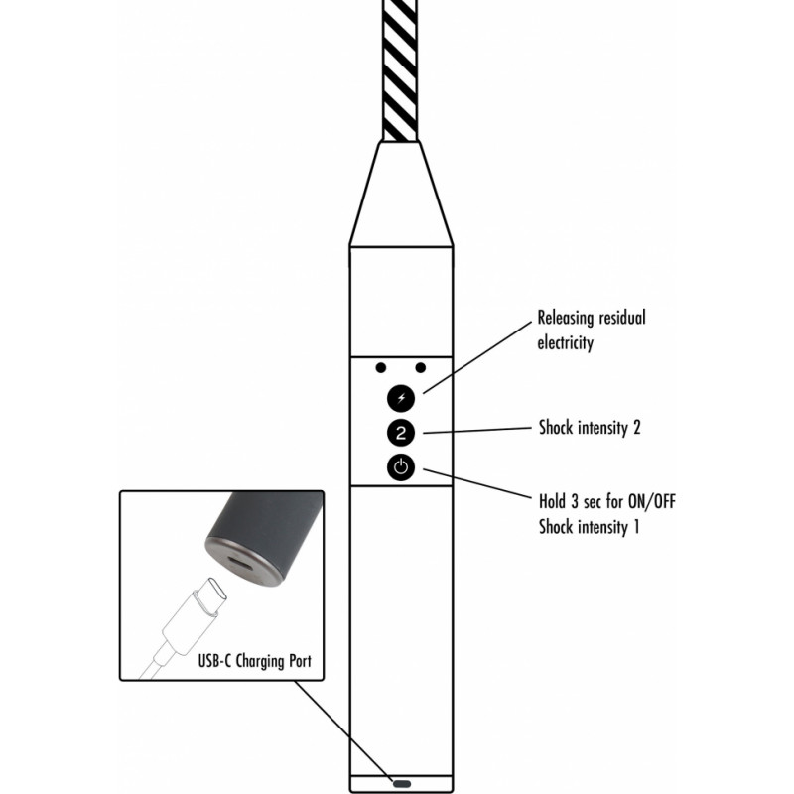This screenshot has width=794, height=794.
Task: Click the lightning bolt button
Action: click(401, 398)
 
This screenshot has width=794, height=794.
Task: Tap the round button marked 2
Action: click(401, 433)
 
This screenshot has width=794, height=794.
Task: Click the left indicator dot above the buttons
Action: click(381, 367)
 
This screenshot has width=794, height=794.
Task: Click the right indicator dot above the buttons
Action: click(420, 367)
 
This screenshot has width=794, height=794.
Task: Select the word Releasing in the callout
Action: click(566, 319)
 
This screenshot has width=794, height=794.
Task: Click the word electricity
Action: click(565, 343)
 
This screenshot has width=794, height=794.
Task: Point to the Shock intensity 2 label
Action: click(590, 428)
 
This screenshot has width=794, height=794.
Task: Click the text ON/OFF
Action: click(652, 502)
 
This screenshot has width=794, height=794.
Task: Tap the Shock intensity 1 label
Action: click(589, 527)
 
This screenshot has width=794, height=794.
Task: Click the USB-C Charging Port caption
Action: click(255, 661)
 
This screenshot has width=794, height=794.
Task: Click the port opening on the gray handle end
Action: click(242, 563)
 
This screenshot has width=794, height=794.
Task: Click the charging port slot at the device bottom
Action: click(402, 784)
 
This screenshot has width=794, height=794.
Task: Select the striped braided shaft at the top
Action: click(400, 70)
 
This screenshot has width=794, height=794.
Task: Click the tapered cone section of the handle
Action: click(401, 194)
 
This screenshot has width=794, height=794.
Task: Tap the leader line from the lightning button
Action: click(477, 357)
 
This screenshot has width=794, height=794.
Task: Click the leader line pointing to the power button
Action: click(477, 483)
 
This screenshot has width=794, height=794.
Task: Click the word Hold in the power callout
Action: click(552, 502)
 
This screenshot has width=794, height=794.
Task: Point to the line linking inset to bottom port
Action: click(344, 731)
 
